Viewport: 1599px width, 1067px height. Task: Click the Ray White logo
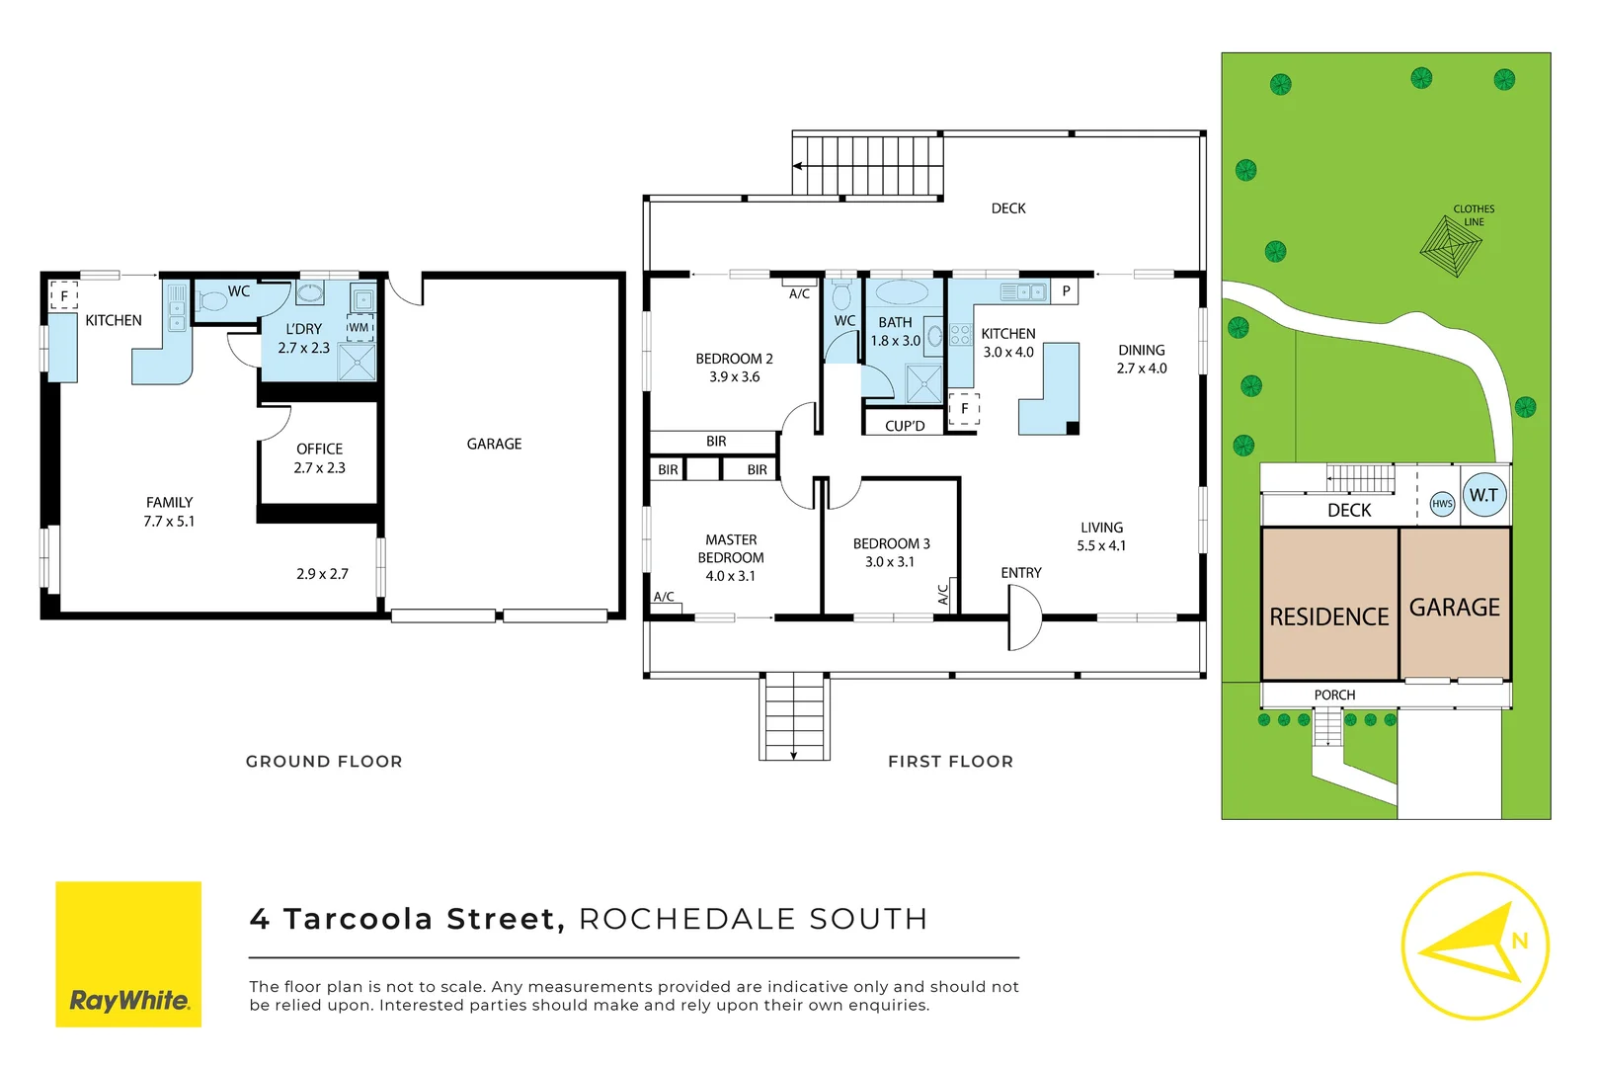point(128,953)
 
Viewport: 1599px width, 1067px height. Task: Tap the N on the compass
point(1519,941)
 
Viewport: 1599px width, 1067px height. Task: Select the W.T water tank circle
point(1483,495)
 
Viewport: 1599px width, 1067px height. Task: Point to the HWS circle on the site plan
point(1442,504)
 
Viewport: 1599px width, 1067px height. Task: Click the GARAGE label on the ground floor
point(494,444)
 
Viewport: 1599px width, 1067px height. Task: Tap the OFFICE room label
point(319,449)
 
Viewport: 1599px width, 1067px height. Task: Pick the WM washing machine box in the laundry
point(360,328)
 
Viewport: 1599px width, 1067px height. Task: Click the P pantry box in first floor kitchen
point(1065,291)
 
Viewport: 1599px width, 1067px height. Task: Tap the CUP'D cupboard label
point(905,426)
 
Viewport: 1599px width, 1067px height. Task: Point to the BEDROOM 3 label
point(891,543)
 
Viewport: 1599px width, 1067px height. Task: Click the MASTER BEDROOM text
point(731,549)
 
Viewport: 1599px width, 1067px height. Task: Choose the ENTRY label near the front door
point(1020,573)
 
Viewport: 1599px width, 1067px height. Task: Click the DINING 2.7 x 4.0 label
point(1142,359)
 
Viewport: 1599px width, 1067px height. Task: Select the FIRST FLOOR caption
point(950,762)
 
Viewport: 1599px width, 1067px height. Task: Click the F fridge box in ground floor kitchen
point(64,295)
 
